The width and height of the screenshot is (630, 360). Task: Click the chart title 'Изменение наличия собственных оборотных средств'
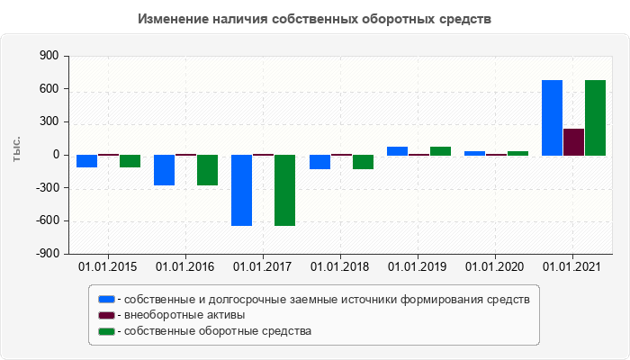(x=315, y=19)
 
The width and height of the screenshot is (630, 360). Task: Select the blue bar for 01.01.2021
(x=552, y=118)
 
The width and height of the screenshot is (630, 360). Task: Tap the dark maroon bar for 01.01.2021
(x=573, y=142)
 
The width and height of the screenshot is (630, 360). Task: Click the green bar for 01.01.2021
(x=595, y=118)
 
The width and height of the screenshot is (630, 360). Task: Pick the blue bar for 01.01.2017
(x=241, y=190)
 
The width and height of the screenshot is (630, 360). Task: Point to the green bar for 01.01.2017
(x=284, y=190)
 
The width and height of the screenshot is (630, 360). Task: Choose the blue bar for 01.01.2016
(x=164, y=170)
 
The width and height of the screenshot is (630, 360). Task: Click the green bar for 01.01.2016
(x=207, y=170)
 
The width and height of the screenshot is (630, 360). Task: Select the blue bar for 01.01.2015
(x=86, y=161)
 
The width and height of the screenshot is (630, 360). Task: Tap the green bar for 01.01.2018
(x=363, y=162)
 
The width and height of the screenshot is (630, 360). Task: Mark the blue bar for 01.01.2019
(x=397, y=151)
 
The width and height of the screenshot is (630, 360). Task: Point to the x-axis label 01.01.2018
(x=340, y=266)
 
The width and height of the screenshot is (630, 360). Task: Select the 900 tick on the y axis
(x=48, y=57)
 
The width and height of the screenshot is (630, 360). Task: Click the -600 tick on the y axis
(x=45, y=221)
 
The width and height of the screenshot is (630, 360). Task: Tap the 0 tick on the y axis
(x=55, y=156)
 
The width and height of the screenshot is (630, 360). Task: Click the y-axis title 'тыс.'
(x=16, y=151)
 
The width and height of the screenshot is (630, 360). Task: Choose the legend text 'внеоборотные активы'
(x=184, y=315)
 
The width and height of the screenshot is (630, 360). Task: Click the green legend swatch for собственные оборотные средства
(x=106, y=331)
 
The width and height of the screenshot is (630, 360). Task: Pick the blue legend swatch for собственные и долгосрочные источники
(x=106, y=299)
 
